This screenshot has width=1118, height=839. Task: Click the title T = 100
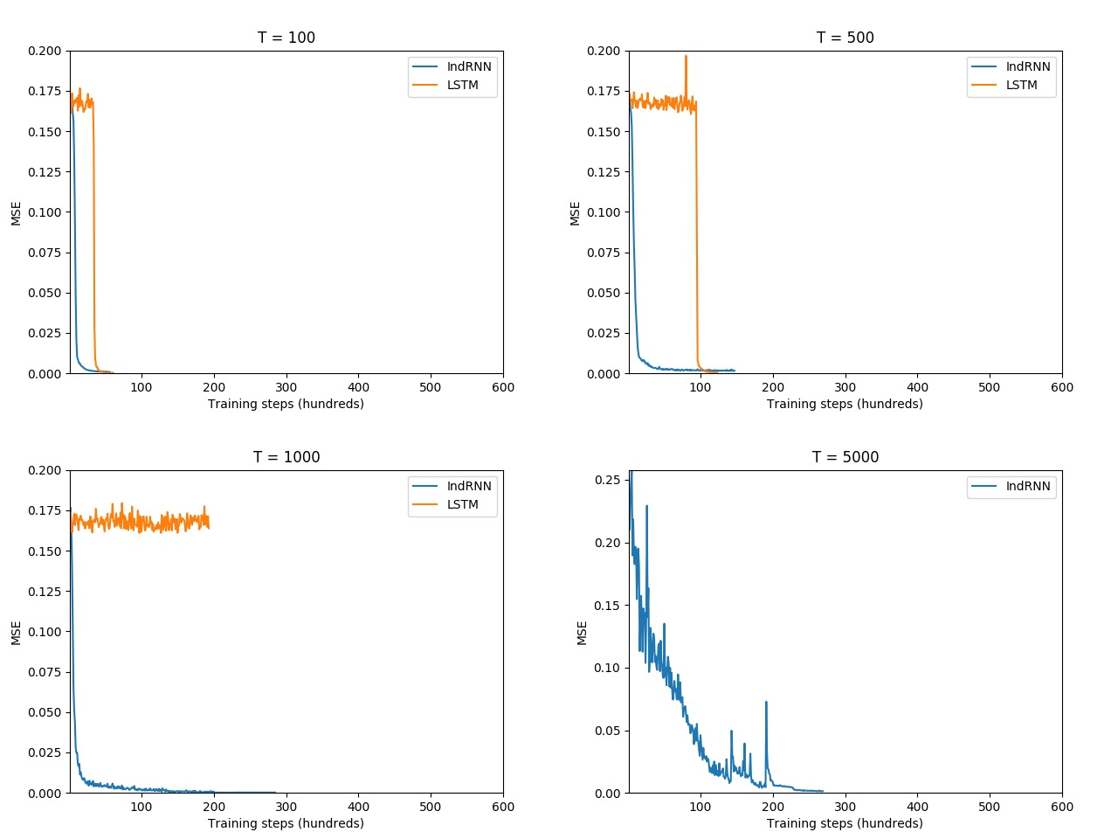[286, 38]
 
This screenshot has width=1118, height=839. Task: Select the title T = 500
[845, 38]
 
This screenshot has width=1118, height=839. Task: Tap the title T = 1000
[286, 457]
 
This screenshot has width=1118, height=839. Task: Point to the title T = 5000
[845, 457]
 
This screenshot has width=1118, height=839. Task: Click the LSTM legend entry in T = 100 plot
[462, 85]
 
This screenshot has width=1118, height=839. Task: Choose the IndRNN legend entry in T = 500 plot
[1027, 66]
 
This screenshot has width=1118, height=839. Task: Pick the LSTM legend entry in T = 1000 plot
[462, 504]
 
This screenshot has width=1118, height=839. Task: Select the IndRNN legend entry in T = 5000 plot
[1027, 486]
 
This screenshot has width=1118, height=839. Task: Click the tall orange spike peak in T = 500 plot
[686, 57]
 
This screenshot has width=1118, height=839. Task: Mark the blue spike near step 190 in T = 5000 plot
[766, 702]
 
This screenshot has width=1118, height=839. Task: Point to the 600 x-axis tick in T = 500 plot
[1061, 387]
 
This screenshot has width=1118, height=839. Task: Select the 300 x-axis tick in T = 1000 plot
[286, 807]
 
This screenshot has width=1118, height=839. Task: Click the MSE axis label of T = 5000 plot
[583, 633]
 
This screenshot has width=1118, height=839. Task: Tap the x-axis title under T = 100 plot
[286, 404]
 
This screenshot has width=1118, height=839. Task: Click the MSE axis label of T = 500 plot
[575, 213]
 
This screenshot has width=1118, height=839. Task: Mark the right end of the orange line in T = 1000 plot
[209, 527]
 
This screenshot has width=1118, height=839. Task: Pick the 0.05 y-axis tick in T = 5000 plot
[607, 731]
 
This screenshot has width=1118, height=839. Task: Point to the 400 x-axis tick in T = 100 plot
[358, 387]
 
